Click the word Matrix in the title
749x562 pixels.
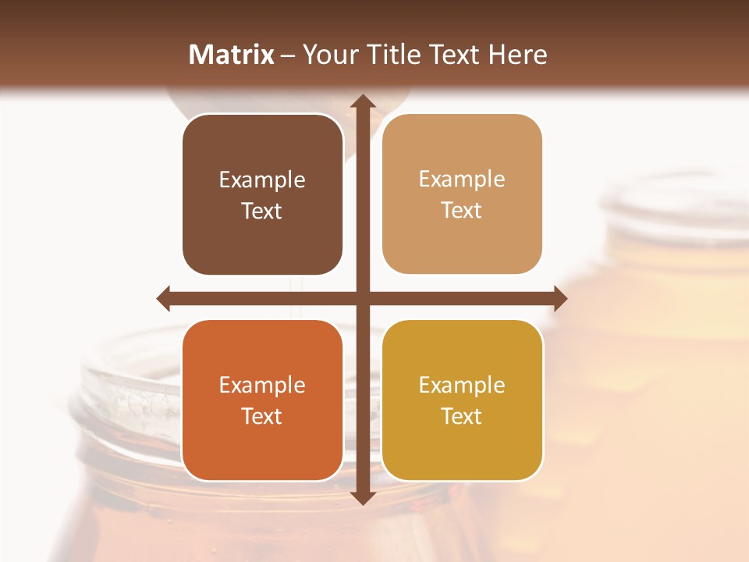coord(232,55)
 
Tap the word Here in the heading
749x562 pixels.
coord(518,55)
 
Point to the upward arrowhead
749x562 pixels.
coord(362,101)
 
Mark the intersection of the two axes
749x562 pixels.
coord(362,298)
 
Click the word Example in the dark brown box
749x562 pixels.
coord(262,180)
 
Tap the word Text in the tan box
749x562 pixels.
coord(461,211)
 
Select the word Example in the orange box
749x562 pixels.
coord(262,386)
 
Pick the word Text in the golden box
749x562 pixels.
coord(461,416)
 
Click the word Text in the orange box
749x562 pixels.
coord(262,416)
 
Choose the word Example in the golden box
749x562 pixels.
coord(461,386)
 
